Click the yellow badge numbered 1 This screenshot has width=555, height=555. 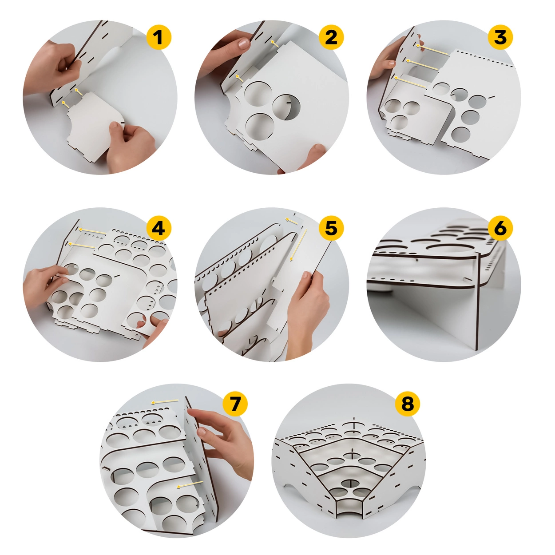point(159,37)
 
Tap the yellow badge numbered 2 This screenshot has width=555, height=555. point(331,37)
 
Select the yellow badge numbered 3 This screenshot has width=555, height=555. point(500,37)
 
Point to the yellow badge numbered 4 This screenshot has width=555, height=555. point(159,228)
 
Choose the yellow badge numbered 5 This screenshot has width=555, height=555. point(331,228)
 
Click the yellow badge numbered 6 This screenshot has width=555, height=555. point(500,228)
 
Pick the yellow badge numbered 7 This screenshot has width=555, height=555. point(235,404)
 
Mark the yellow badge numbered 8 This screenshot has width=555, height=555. point(407,404)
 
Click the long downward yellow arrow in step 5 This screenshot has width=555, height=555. point(298,245)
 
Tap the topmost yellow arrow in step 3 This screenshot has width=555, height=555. point(432,49)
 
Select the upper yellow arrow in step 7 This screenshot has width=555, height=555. point(165,402)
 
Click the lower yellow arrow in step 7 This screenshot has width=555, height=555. point(190,484)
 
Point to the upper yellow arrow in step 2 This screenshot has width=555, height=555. point(274,44)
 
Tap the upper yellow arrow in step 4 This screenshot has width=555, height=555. point(92,231)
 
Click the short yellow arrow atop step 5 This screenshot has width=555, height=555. point(291,221)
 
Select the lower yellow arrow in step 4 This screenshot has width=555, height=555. point(82,246)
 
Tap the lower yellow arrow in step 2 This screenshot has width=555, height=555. point(239,78)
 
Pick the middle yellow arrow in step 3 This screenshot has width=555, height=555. point(422,65)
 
